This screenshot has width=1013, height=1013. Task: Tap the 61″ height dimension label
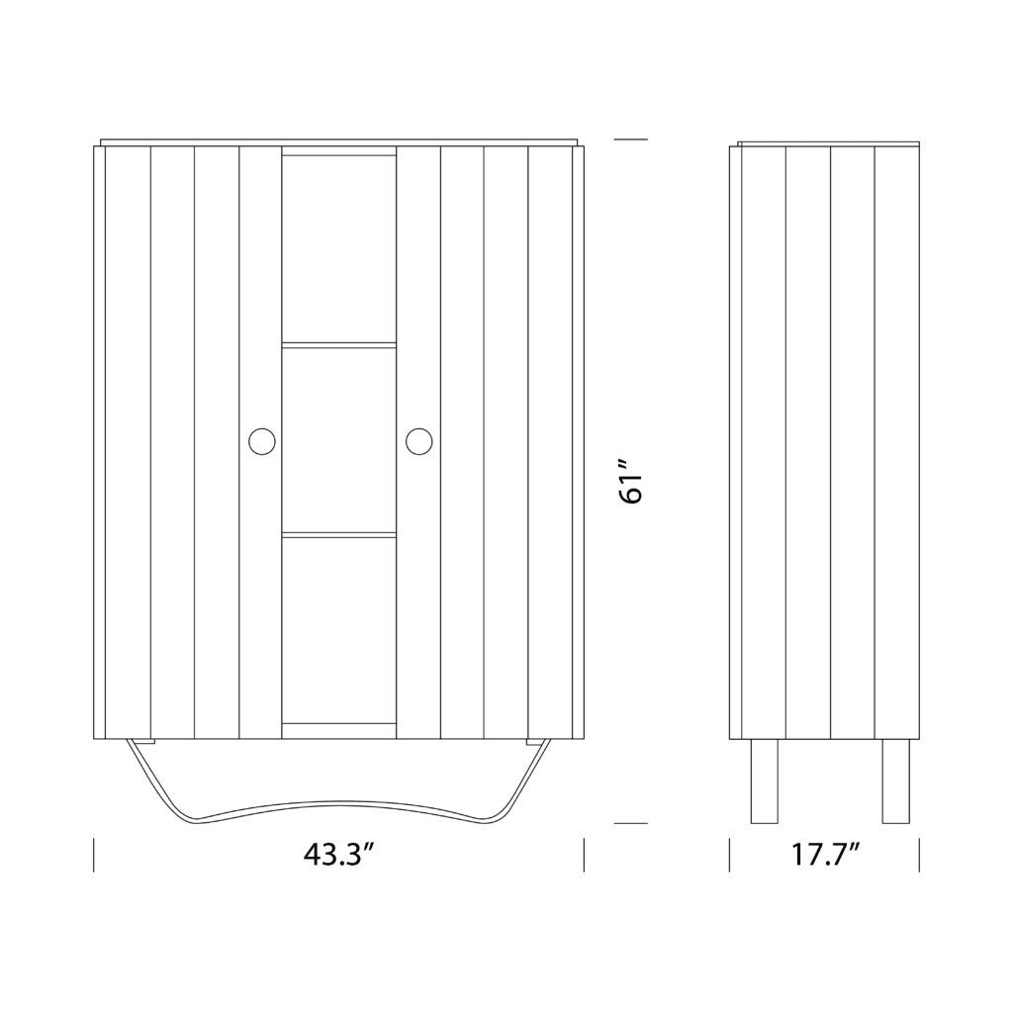point(632,481)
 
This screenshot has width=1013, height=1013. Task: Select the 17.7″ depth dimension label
point(824,855)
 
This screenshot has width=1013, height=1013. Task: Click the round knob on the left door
point(262,441)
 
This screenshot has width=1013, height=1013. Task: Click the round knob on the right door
point(418,441)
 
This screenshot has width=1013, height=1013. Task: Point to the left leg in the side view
point(764,782)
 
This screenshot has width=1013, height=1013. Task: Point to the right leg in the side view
point(895,782)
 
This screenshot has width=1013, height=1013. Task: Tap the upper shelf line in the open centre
point(339,345)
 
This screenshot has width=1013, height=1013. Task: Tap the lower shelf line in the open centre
point(339,535)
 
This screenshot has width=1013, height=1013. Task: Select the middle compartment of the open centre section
point(339,440)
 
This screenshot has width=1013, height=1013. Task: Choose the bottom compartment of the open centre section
point(339,629)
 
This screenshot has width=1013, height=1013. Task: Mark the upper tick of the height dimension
point(631,139)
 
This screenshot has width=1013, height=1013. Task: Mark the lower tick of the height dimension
point(631,823)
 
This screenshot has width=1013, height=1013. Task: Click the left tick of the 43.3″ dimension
point(94,855)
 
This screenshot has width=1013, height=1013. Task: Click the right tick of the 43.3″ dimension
point(584,855)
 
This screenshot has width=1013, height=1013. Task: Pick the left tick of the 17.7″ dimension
point(730,855)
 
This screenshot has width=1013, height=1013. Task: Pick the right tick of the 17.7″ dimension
point(919,855)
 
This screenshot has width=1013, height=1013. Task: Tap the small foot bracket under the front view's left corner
point(143,742)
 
